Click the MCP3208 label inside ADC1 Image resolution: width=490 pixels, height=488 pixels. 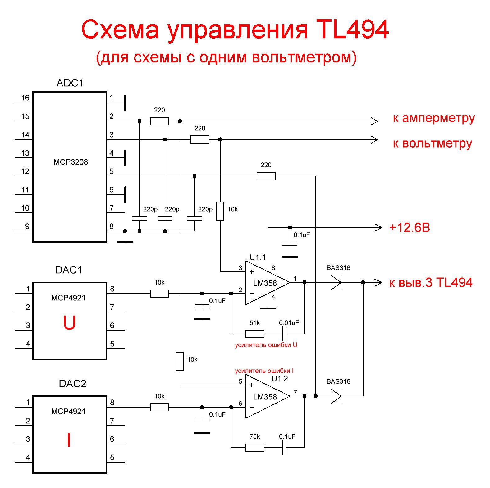[x=71, y=162]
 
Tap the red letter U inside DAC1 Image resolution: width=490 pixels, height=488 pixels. [x=69, y=323]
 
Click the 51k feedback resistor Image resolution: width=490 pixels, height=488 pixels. [x=255, y=334]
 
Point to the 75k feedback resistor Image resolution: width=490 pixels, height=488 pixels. [x=255, y=448]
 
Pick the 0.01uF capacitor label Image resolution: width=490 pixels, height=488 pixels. [x=289, y=323]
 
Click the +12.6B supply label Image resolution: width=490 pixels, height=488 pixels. [x=410, y=228]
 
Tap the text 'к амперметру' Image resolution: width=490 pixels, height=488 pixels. [x=434, y=118]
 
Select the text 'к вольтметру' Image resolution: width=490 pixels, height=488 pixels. [x=433, y=144]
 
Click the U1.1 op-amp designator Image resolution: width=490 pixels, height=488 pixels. [x=258, y=257]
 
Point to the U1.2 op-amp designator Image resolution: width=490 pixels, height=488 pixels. [x=280, y=379]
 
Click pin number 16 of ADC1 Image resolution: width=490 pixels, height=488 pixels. [x=25, y=98]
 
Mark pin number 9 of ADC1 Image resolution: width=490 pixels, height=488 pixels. [x=27, y=226]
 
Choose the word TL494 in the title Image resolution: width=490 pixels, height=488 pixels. [x=352, y=30]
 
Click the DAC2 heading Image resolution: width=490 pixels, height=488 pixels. [x=72, y=384]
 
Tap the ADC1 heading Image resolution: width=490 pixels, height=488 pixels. [x=70, y=83]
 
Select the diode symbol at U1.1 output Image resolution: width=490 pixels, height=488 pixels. [x=336, y=282]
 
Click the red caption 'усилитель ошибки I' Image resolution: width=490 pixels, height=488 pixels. [x=264, y=371]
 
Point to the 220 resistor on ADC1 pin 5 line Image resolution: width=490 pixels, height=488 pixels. [x=266, y=176]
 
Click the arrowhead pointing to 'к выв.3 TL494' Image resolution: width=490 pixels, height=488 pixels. [x=378, y=282]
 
